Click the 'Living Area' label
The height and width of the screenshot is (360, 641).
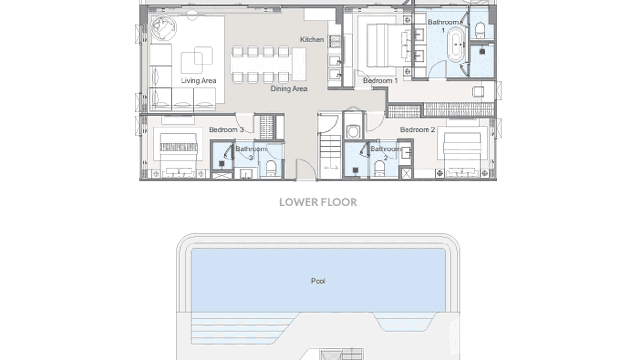point(198,80)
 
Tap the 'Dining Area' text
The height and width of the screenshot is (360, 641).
point(288,89)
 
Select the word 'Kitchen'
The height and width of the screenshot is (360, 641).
point(312,40)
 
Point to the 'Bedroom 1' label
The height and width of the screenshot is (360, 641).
point(380,81)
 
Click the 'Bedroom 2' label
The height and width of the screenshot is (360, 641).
point(417,129)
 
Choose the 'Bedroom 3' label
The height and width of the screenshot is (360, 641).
point(226,129)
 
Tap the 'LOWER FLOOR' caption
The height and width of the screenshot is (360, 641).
point(318,202)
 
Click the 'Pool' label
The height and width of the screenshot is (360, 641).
point(318,281)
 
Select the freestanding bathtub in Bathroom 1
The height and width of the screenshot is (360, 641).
point(457,45)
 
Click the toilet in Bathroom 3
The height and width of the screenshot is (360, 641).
point(271,169)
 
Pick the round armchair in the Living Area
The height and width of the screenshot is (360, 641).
point(163,28)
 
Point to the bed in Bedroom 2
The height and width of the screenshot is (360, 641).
point(462,148)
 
